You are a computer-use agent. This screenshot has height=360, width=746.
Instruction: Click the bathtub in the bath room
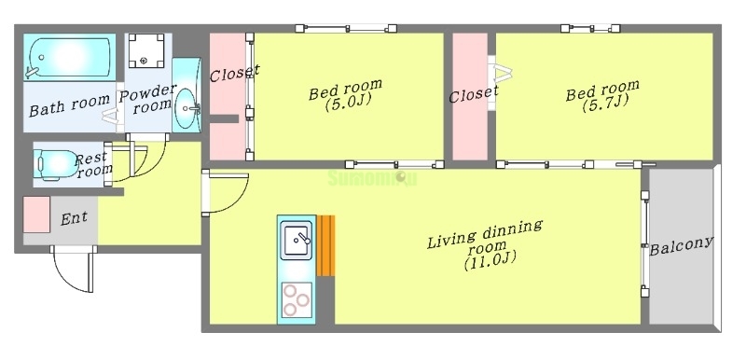point(68,58)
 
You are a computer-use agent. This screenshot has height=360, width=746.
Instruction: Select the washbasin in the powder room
point(186,101)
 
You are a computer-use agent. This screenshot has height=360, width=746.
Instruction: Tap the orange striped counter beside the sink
point(325,245)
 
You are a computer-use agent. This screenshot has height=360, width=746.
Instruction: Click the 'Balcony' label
point(681,245)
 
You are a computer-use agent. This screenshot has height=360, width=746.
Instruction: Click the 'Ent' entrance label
point(74,219)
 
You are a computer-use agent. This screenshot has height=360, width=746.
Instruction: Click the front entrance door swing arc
point(73,271)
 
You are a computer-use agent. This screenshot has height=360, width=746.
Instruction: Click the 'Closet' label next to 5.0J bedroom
point(233,72)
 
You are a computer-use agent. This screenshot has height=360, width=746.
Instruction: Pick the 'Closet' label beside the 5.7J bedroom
point(473,94)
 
